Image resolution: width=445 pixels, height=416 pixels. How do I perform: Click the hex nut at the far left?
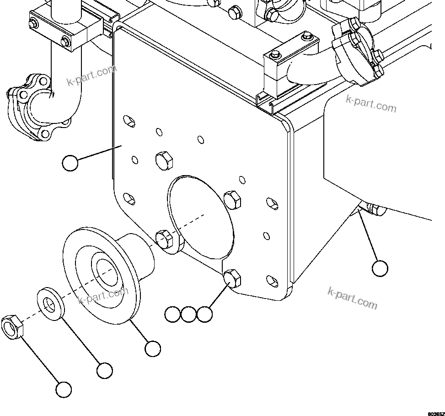tap(12, 327)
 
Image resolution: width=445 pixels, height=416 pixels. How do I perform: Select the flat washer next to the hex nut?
tap(50, 304)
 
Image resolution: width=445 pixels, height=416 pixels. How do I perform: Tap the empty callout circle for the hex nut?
tap(64, 389)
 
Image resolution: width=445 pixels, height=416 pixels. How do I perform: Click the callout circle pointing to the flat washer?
tap(104, 370)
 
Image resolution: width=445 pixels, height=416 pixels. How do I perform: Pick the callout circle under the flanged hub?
tap(152, 349)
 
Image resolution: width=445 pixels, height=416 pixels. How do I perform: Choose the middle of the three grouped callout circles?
tap(188, 314)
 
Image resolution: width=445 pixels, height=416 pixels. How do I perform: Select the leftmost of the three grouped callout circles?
tap(172, 314)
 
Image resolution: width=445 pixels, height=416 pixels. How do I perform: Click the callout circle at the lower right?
tap(380, 268)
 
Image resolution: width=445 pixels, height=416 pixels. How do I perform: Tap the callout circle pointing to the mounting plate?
tap(70, 163)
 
